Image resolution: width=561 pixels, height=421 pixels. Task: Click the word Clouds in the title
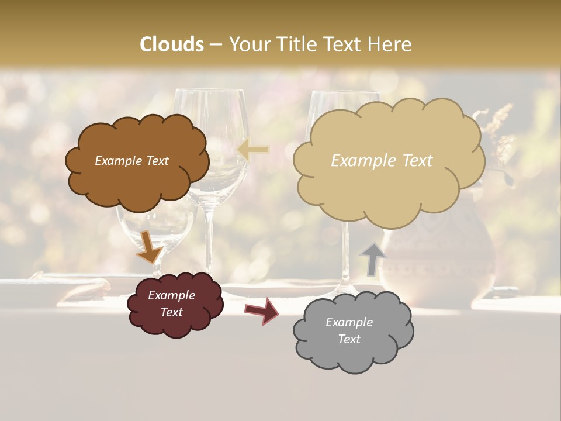(x=172, y=44)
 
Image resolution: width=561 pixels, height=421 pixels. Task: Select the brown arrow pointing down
(x=149, y=248)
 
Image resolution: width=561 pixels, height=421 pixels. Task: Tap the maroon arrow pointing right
(x=262, y=310)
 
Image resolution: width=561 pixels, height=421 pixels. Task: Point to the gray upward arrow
(x=373, y=258)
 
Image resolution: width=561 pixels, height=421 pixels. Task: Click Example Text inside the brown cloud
(x=131, y=161)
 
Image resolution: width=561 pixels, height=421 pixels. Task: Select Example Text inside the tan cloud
(x=382, y=161)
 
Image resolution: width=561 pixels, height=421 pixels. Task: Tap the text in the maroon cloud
(x=171, y=303)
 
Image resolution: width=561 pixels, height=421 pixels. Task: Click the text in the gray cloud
(x=349, y=330)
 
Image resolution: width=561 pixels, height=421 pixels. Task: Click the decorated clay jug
(x=438, y=263)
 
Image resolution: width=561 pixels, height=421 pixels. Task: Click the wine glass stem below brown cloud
(x=209, y=240)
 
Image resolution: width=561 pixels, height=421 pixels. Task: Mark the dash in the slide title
(x=216, y=44)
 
